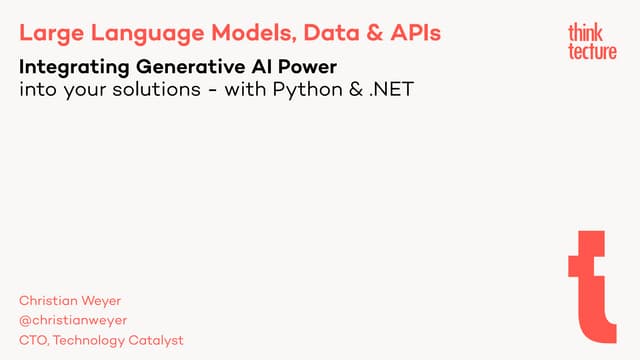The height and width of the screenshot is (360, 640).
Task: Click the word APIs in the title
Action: point(412,33)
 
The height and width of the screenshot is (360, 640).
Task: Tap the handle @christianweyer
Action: point(73,320)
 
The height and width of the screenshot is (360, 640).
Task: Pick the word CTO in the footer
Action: point(33,340)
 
